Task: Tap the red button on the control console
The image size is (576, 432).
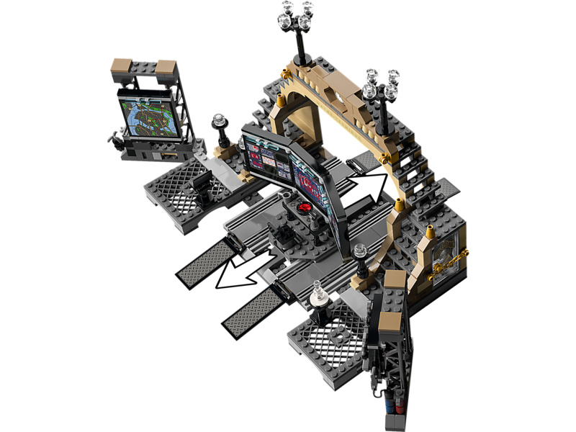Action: click(303, 209)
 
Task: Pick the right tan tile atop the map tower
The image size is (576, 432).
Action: click(167, 71)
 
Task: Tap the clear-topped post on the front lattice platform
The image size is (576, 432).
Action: click(317, 296)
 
